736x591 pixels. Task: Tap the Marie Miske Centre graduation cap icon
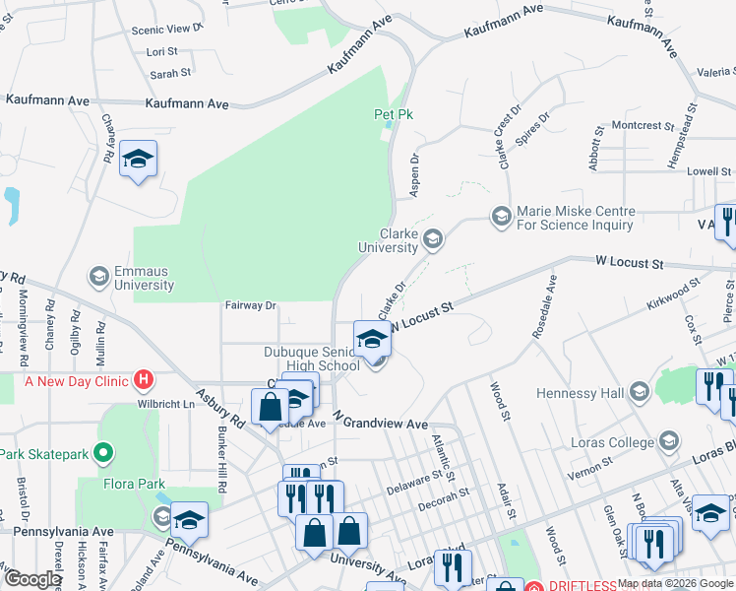pyautogui.click(x=502, y=216)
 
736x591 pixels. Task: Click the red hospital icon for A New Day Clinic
pyautogui.click(x=144, y=379)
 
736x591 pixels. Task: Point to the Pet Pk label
pyautogui.click(x=390, y=114)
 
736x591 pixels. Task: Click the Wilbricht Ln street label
pyautogui.click(x=166, y=404)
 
